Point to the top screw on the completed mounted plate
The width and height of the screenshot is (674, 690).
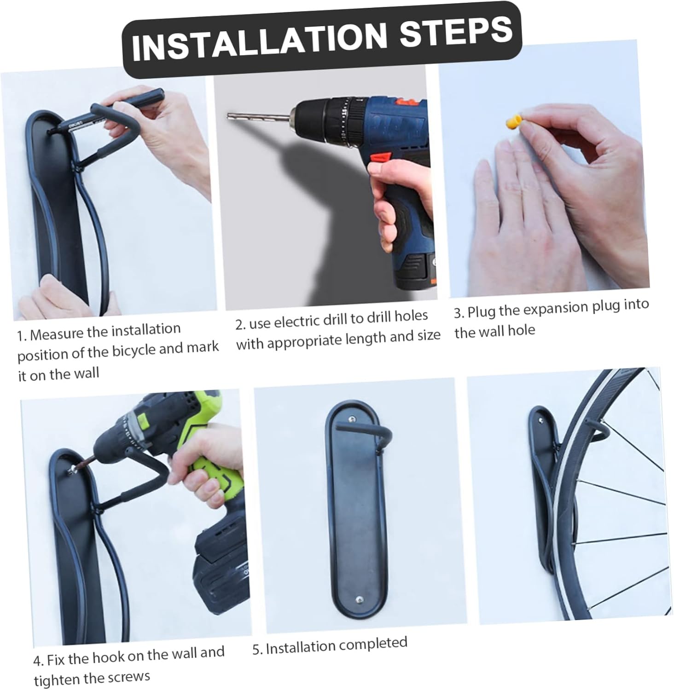352,419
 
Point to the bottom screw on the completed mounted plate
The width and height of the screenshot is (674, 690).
359,600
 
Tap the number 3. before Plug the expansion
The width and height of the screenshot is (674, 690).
459,313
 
